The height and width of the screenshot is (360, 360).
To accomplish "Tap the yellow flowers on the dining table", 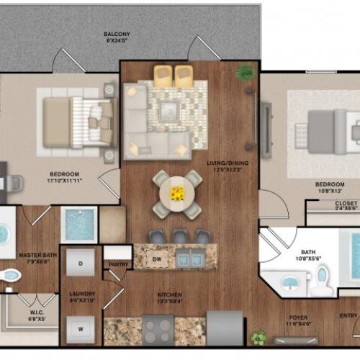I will pyautogui.click(x=177, y=193).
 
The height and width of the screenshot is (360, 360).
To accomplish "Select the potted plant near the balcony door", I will pyautogui.click(x=246, y=72).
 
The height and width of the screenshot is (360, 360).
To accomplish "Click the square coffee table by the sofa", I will pyautogui.click(x=170, y=110).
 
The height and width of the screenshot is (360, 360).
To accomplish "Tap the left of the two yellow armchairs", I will pyautogui.click(x=163, y=74).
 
